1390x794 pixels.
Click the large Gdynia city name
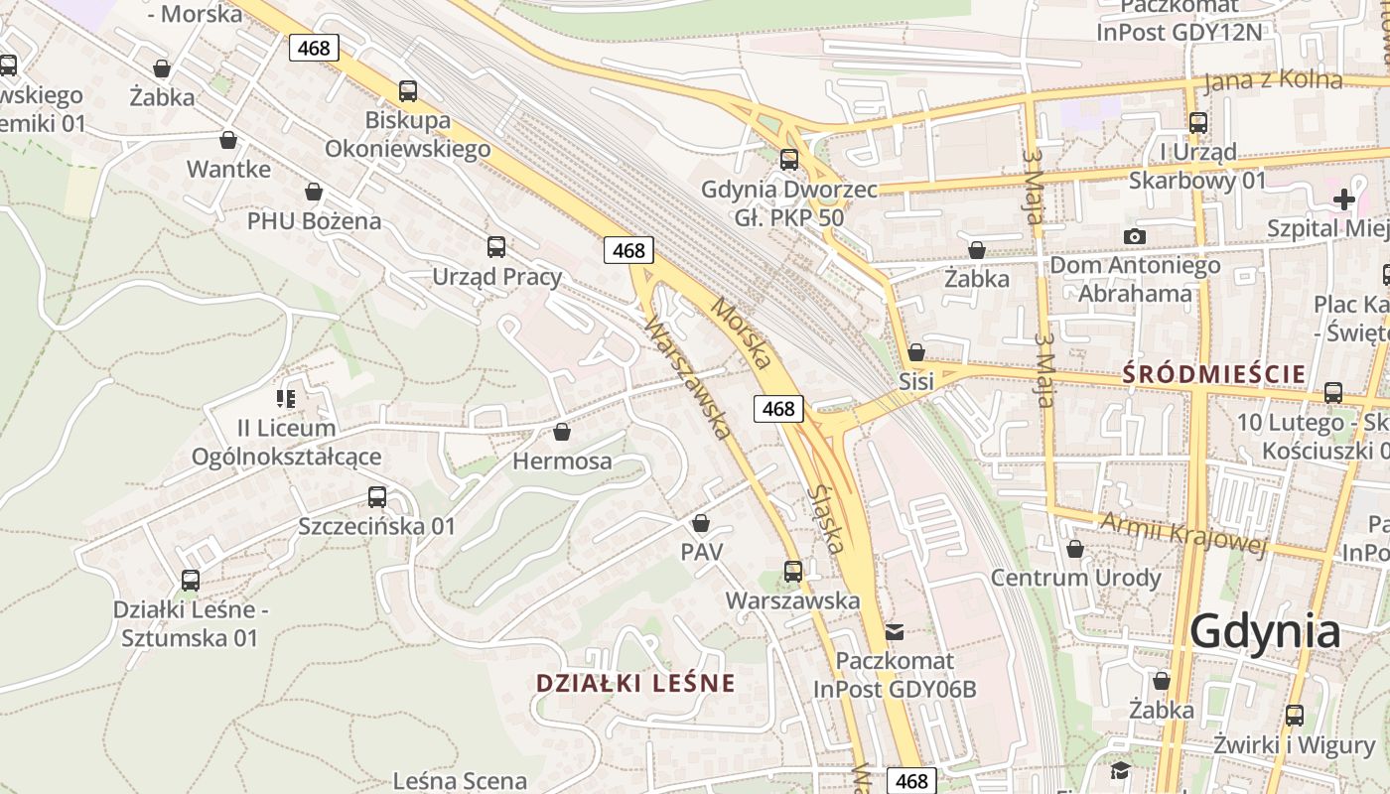[1265, 630]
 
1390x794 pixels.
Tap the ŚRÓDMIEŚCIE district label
[1214, 374]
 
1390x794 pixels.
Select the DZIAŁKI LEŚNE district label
[635, 683]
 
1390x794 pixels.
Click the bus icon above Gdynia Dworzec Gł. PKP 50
[789, 159]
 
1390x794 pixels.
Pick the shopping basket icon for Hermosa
[562, 432]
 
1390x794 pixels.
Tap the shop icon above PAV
[701, 522]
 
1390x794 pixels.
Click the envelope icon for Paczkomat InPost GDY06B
[895, 631]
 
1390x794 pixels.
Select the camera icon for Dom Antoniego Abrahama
[1135, 236]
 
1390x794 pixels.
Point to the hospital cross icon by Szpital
[1343, 199]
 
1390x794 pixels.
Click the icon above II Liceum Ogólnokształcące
[286, 399]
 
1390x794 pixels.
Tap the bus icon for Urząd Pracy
[496, 247]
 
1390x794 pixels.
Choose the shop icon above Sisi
[916, 352]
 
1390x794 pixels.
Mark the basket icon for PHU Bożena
[314, 192]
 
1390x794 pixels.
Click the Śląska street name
[826, 519]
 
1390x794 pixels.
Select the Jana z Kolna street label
[1273, 80]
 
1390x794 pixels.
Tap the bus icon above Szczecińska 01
[377, 497]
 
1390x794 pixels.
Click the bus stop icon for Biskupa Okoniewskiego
[408, 91]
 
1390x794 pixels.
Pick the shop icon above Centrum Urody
[1075, 549]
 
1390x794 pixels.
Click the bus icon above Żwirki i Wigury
[1295, 715]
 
